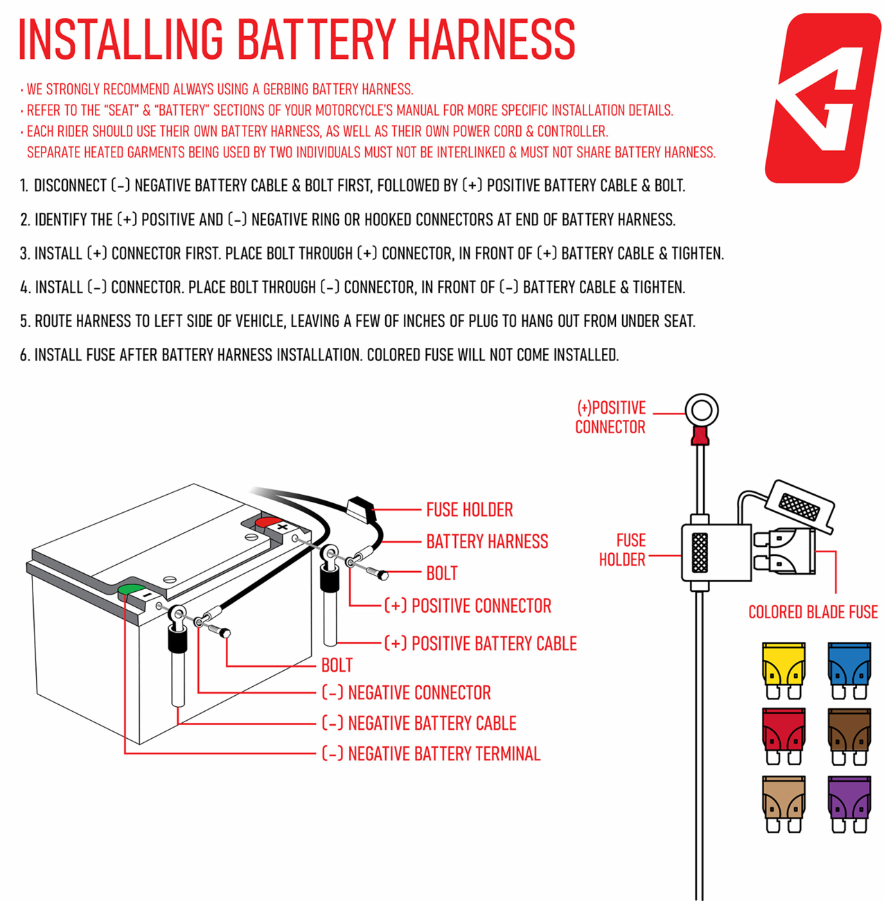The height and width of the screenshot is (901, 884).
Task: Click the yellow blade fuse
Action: [783, 670]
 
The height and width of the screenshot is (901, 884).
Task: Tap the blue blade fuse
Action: [849, 670]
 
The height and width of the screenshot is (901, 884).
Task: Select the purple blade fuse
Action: [849, 804]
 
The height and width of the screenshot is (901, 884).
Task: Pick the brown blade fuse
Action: [849, 737]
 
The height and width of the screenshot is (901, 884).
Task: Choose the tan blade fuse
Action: [783, 804]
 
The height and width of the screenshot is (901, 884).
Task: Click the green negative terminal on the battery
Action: [132, 590]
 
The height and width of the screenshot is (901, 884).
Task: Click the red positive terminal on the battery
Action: [268, 522]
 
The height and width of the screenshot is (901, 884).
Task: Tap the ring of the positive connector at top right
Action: [701, 399]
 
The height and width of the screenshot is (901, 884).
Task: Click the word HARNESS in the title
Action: [491, 40]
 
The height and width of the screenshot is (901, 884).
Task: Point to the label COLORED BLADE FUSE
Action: [813, 612]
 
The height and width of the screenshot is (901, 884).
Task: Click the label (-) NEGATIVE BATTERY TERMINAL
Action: [431, 753]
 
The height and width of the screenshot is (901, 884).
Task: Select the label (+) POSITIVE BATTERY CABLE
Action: [481, 643]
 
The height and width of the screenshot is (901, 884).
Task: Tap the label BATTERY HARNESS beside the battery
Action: [486, 541]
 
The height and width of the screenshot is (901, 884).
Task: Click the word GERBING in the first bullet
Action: [285, 89]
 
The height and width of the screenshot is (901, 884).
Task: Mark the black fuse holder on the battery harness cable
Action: [362, 508]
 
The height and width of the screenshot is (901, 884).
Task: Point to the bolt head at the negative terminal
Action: [225, 633]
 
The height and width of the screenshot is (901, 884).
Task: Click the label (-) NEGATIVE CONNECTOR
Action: [406, 692]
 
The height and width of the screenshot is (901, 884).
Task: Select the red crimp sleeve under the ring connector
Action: [700, 435]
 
